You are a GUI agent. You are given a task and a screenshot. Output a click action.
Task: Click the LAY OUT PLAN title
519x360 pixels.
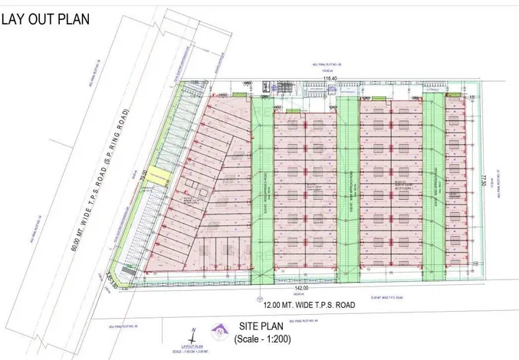(x=48, y=18)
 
